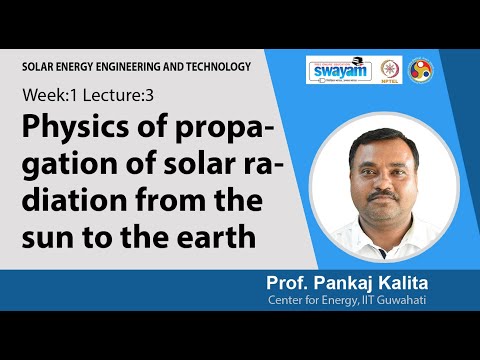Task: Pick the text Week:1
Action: point(48,99)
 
